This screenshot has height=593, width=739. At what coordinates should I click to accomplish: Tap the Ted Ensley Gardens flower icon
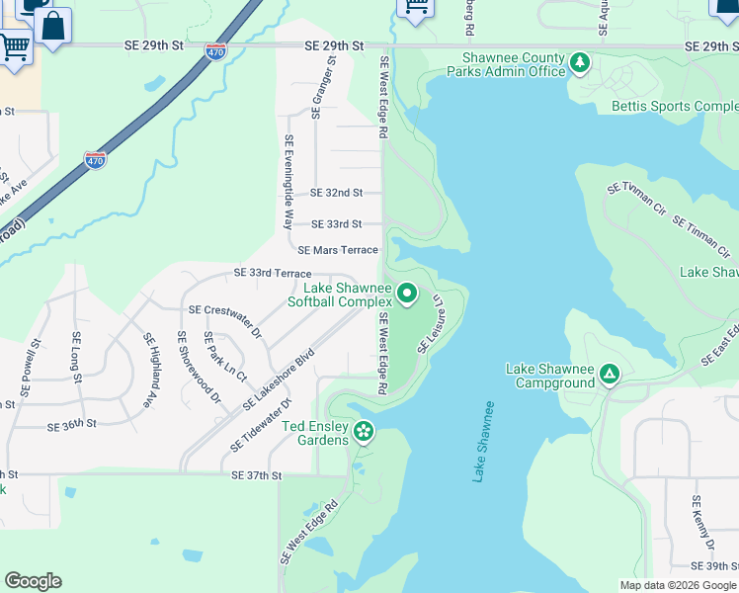(364, 430)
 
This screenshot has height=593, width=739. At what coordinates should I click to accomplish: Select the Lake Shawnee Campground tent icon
(610, 374)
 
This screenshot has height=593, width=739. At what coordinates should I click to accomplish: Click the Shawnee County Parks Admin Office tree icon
(580, 64)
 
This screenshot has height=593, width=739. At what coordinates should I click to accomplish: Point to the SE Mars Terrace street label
(338, 250)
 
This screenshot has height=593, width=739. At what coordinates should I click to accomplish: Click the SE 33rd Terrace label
(273, 273)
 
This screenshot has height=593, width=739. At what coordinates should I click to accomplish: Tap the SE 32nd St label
(337, 193)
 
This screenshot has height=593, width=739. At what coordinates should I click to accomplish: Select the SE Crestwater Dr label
(226, 320)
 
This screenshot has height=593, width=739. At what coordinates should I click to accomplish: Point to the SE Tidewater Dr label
(262, 426)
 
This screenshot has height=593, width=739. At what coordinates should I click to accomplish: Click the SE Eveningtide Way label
(289, 183)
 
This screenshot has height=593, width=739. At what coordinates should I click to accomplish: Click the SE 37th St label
(257, 475)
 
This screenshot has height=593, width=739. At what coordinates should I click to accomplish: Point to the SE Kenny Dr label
(702, 523)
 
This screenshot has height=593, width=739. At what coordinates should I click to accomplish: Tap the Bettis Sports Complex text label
(675, 106)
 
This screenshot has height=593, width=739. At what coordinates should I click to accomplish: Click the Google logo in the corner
(33, 581)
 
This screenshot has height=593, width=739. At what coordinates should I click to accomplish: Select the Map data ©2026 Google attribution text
(677, 585)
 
